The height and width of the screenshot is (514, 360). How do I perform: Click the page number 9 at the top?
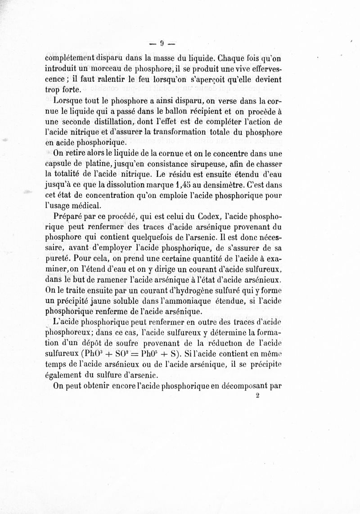(162, 44)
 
